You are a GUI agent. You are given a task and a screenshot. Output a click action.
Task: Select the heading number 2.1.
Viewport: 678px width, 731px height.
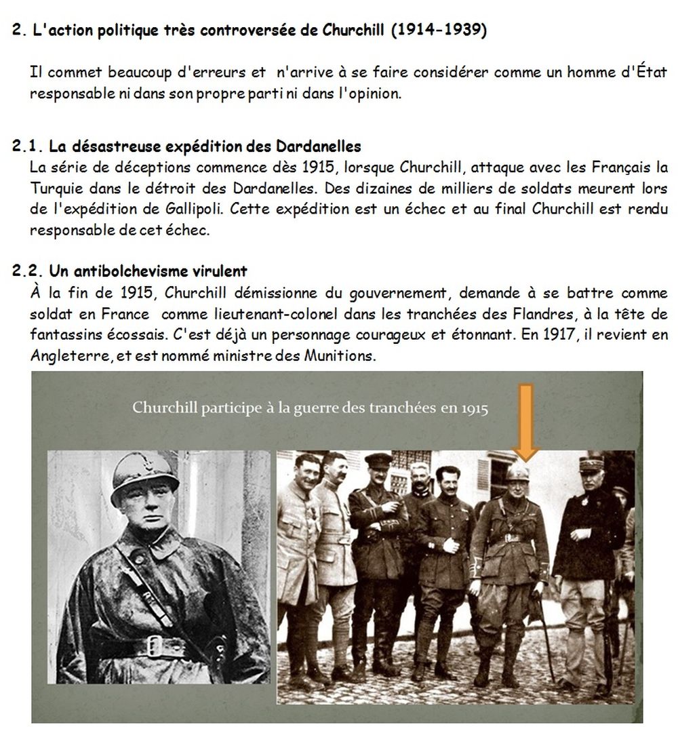(x=28, y=146)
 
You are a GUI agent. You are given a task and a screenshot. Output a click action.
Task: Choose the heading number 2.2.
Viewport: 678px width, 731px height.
(x=28, y=271)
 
